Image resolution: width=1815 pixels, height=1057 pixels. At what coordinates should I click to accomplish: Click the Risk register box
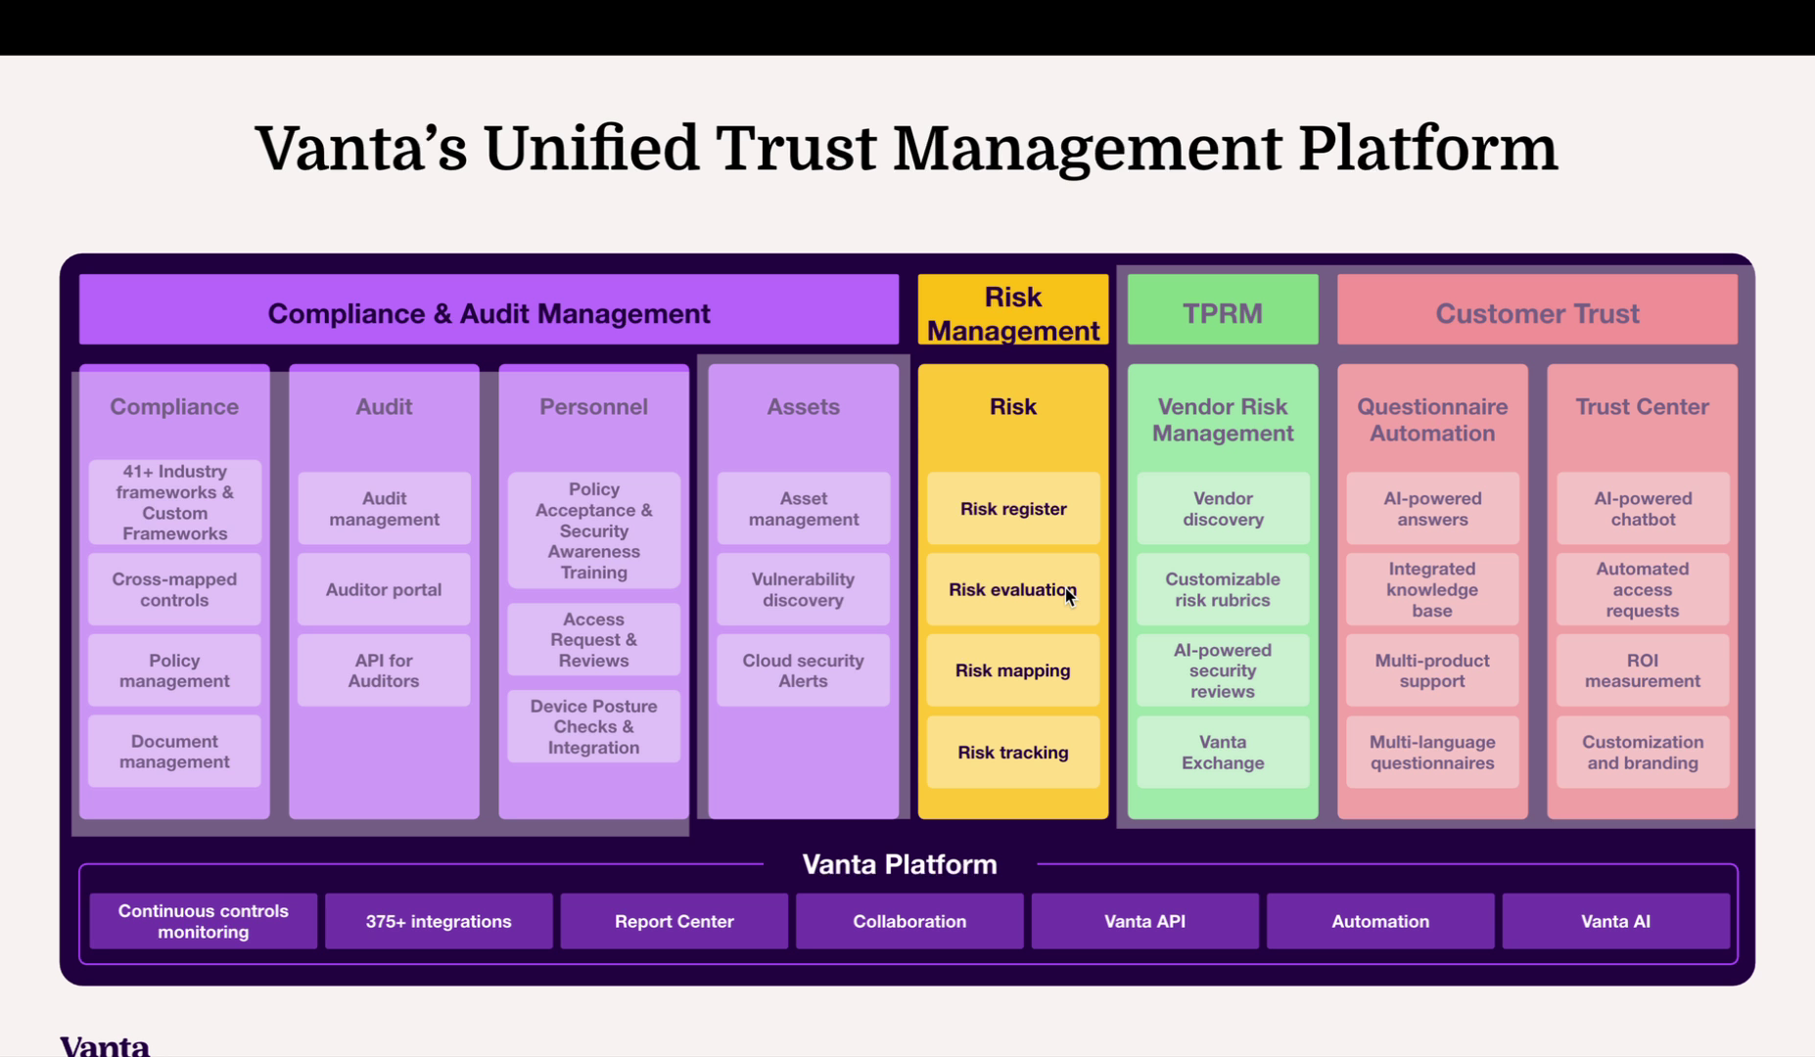(x=1012, y=509)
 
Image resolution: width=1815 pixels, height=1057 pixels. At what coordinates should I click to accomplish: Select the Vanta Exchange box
(x=1222, y=753)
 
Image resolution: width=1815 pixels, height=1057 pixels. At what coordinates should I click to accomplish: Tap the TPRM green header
(x=1222, y=312)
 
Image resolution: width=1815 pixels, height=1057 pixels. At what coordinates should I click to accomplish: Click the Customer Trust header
(x=1536, y=312)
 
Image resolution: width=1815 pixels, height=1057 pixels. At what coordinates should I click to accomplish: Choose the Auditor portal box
(x=384, y=589)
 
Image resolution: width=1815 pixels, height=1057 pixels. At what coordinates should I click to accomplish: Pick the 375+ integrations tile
(x=438, y=921)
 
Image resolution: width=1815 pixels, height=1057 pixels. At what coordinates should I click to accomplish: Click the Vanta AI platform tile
(x=1615, y=921)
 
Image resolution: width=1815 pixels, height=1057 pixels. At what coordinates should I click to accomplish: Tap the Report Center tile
(x=674, y=921)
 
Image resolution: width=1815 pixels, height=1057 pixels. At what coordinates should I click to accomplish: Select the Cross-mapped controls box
(x=174, y=589)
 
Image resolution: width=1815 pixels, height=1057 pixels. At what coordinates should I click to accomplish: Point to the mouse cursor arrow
(x=1070, y=597)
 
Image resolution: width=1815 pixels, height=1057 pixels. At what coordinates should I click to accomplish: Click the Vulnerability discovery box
(x=803, y=589)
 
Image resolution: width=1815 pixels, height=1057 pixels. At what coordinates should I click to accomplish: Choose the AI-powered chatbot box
(x=1642, y=509)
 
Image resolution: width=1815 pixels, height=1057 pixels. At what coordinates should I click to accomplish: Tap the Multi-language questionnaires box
(x=1431, y=753)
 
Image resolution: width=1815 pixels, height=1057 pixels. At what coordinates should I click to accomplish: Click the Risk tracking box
(x=1012, y=753)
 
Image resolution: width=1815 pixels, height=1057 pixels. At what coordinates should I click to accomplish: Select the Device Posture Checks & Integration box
(x=593, y=726)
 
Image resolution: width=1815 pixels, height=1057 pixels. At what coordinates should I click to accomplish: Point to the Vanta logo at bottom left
(x=105, y=1045)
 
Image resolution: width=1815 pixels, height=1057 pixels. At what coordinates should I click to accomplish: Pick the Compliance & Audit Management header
(x=489, y=312)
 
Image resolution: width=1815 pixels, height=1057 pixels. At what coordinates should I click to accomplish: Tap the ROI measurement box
(x=1642, y=670)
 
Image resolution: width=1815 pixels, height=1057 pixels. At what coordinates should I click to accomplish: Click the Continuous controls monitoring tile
(x=203, y=921)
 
